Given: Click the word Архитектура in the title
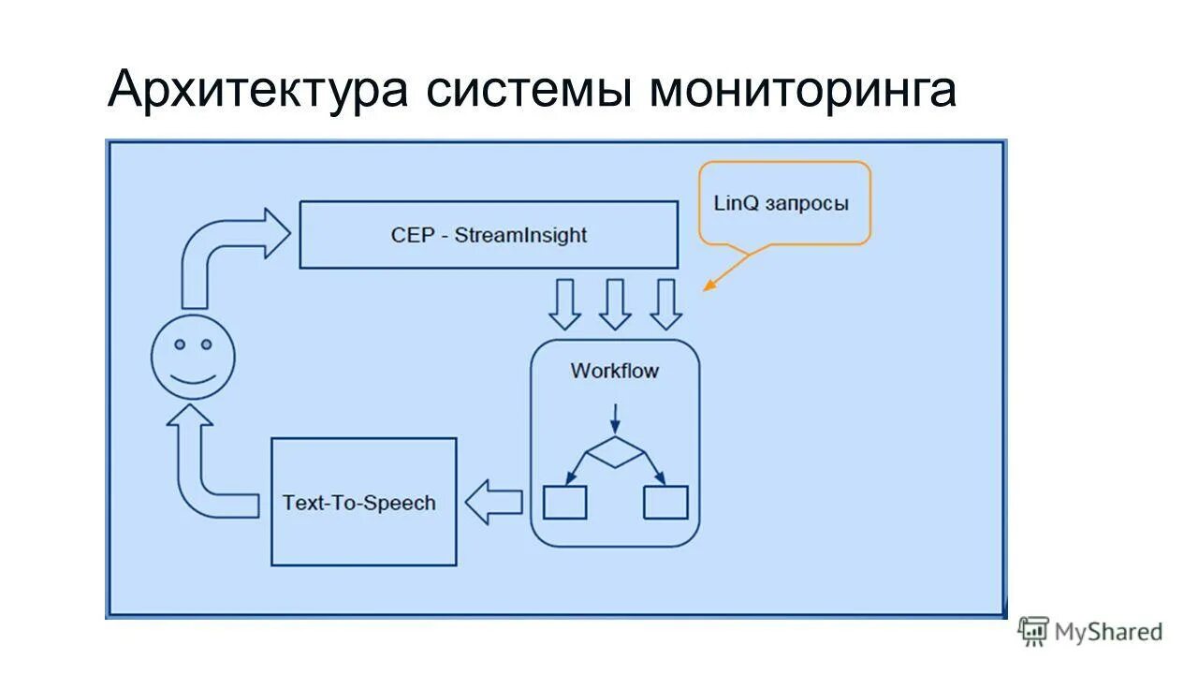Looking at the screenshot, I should click(x=257, y=92).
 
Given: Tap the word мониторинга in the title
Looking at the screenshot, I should click(x=802, y=92).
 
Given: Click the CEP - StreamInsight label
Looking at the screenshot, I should click(x=489, y=235).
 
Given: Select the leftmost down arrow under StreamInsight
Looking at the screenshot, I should click(x=564, y=303).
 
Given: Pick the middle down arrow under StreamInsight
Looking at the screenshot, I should click(x=615, y=303).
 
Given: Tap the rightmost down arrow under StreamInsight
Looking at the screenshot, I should click(x=665, y=303).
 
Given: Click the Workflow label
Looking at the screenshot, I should click(x=614, y=371).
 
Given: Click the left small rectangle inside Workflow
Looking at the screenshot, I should click(x=565, y=503).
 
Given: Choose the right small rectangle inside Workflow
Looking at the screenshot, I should click(x=665, y=503).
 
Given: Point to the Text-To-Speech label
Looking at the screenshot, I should click(x=359, y=503).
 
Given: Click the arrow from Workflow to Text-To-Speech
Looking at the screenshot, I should click(x=493, y=503).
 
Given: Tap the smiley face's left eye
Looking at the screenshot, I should click(x=179, y=344).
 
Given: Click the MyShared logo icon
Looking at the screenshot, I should click(x=1033, y=631).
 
